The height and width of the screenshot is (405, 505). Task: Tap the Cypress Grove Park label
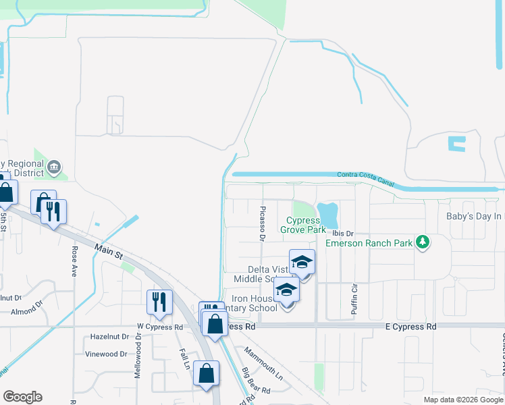pos(306,225)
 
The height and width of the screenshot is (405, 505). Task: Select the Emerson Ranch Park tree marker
pos(423,241)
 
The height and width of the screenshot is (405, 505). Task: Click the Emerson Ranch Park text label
pos(369,243)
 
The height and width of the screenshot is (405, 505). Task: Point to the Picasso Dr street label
pos(263,223)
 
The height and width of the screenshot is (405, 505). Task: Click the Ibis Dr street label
pos(343,234)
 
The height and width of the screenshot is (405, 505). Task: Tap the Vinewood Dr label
pos(106,354)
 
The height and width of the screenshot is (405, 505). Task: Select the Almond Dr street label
pos(27,313)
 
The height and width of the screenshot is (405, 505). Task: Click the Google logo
pos(22,397)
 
